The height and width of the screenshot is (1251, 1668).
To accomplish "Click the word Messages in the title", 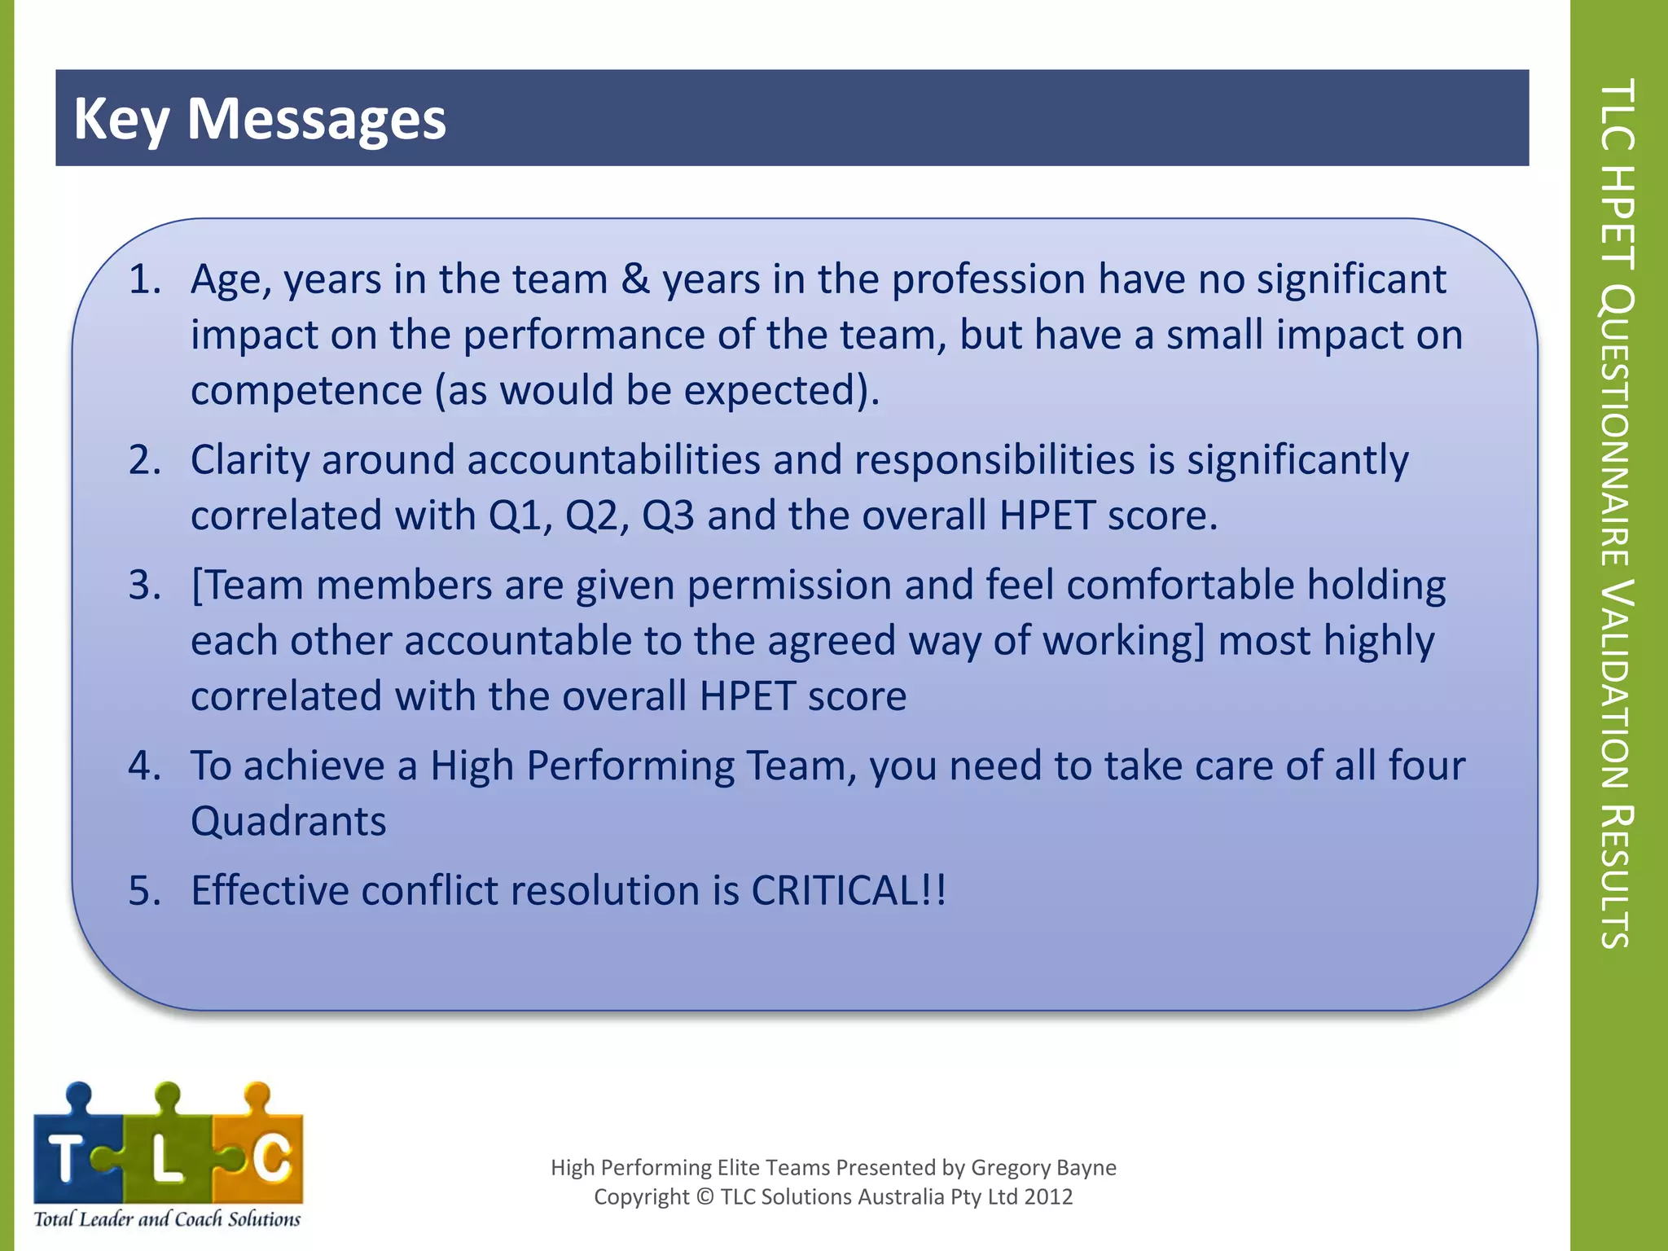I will click(316, 119).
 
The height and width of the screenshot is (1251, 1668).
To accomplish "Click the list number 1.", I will click(145, 279).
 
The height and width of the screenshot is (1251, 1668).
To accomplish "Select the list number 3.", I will click(145, 586).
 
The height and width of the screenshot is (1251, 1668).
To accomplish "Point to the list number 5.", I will click(145, 890).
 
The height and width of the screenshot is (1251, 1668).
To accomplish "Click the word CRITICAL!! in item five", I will click(849, 890).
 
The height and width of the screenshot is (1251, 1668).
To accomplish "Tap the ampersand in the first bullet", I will click(635, 279).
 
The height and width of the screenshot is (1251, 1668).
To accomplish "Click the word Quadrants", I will click(288, 821).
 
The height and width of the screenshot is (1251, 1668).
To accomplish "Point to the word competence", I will click(306, 390).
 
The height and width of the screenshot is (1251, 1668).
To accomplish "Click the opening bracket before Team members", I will click(196, 586).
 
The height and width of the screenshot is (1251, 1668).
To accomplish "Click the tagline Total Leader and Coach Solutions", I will click(167, 1219).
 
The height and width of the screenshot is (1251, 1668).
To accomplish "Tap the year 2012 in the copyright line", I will click(1048, 1197).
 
